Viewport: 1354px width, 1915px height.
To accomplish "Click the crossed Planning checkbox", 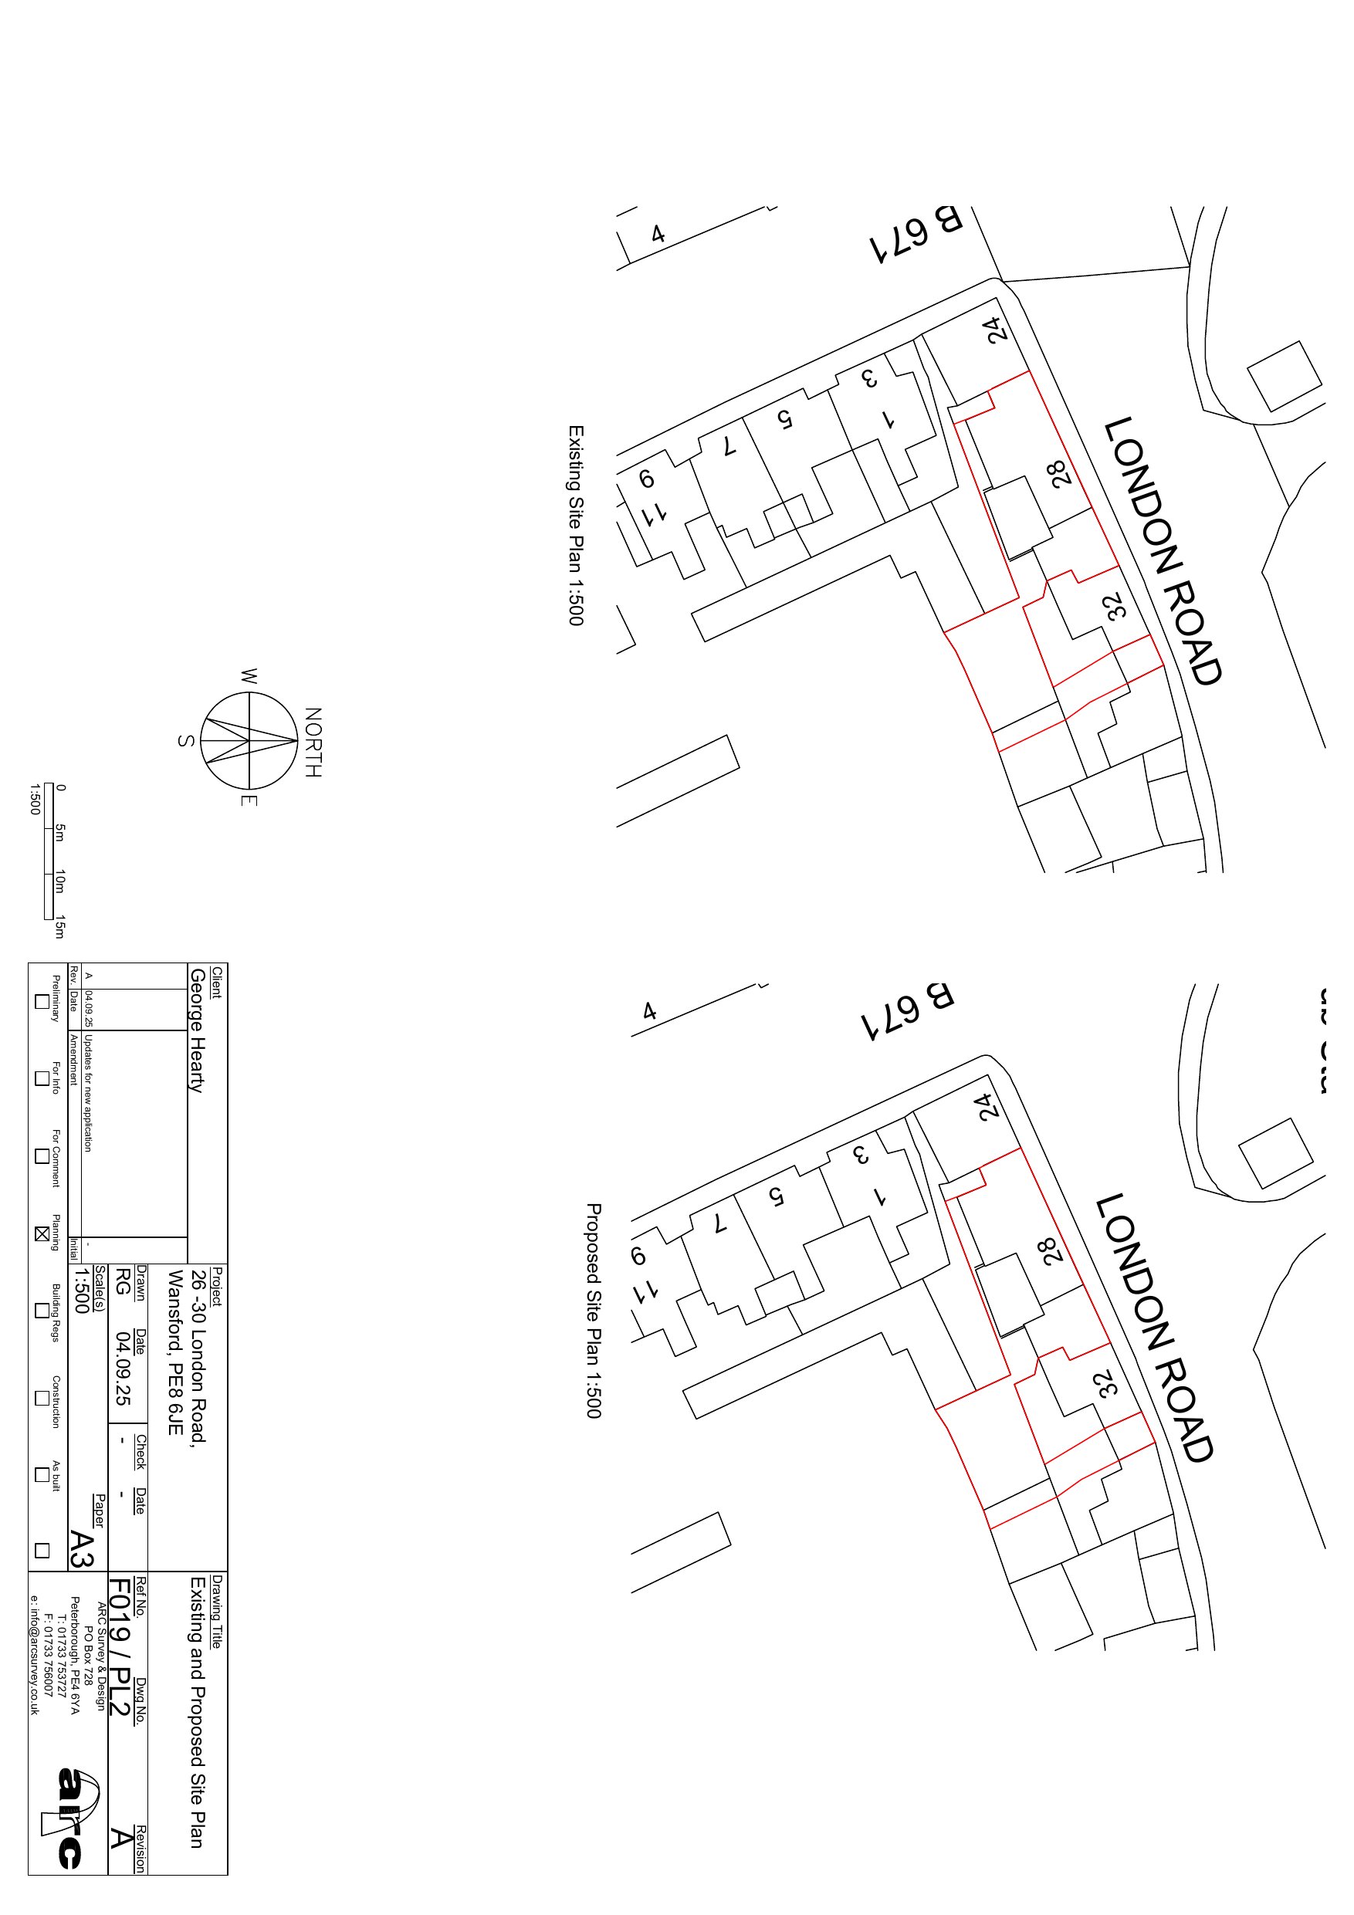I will [41, 1233].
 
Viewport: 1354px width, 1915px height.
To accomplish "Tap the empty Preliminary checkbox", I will [41, 1002].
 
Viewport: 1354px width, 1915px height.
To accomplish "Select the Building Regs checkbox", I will [41, 1311].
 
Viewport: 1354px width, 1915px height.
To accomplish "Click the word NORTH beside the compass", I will [313, 743].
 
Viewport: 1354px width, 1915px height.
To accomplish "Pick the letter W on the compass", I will [249, 676].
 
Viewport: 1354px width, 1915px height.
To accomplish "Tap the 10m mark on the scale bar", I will [59, 881].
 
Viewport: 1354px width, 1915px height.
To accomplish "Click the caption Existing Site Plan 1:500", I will [575, 526].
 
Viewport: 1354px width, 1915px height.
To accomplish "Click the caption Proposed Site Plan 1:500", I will [592, 1310].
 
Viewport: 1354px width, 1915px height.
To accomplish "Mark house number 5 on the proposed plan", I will [776, 1198].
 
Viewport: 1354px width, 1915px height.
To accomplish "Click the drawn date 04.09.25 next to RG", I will [123, 1368].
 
